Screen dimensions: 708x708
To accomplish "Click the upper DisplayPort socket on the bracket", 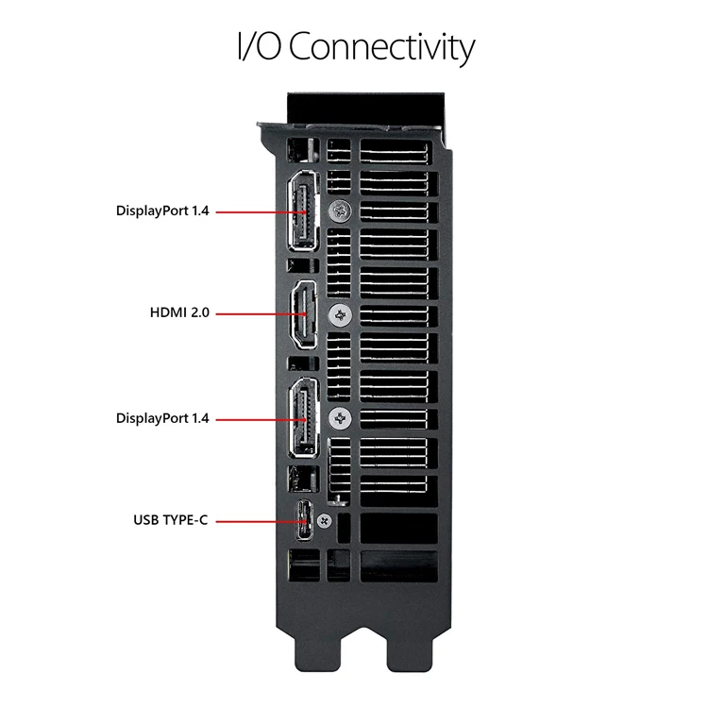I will click(x=303, y=213).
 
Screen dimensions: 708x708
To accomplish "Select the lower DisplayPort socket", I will click(x=303, y=416).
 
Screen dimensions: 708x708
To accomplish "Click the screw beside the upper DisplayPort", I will click(x=337, y=212).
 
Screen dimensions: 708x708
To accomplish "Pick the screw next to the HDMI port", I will click(x=338, y=314).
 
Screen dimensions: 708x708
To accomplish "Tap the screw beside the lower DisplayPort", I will click(x=338, y=416).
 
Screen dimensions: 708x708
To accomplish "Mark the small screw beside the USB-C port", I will click(x=327, y=520).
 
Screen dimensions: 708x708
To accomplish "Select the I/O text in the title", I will click(x=259, y=47).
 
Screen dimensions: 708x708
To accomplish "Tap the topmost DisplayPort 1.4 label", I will click(x=162, y=211).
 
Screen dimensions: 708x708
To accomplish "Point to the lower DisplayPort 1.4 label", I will click(x=162, y=417).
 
